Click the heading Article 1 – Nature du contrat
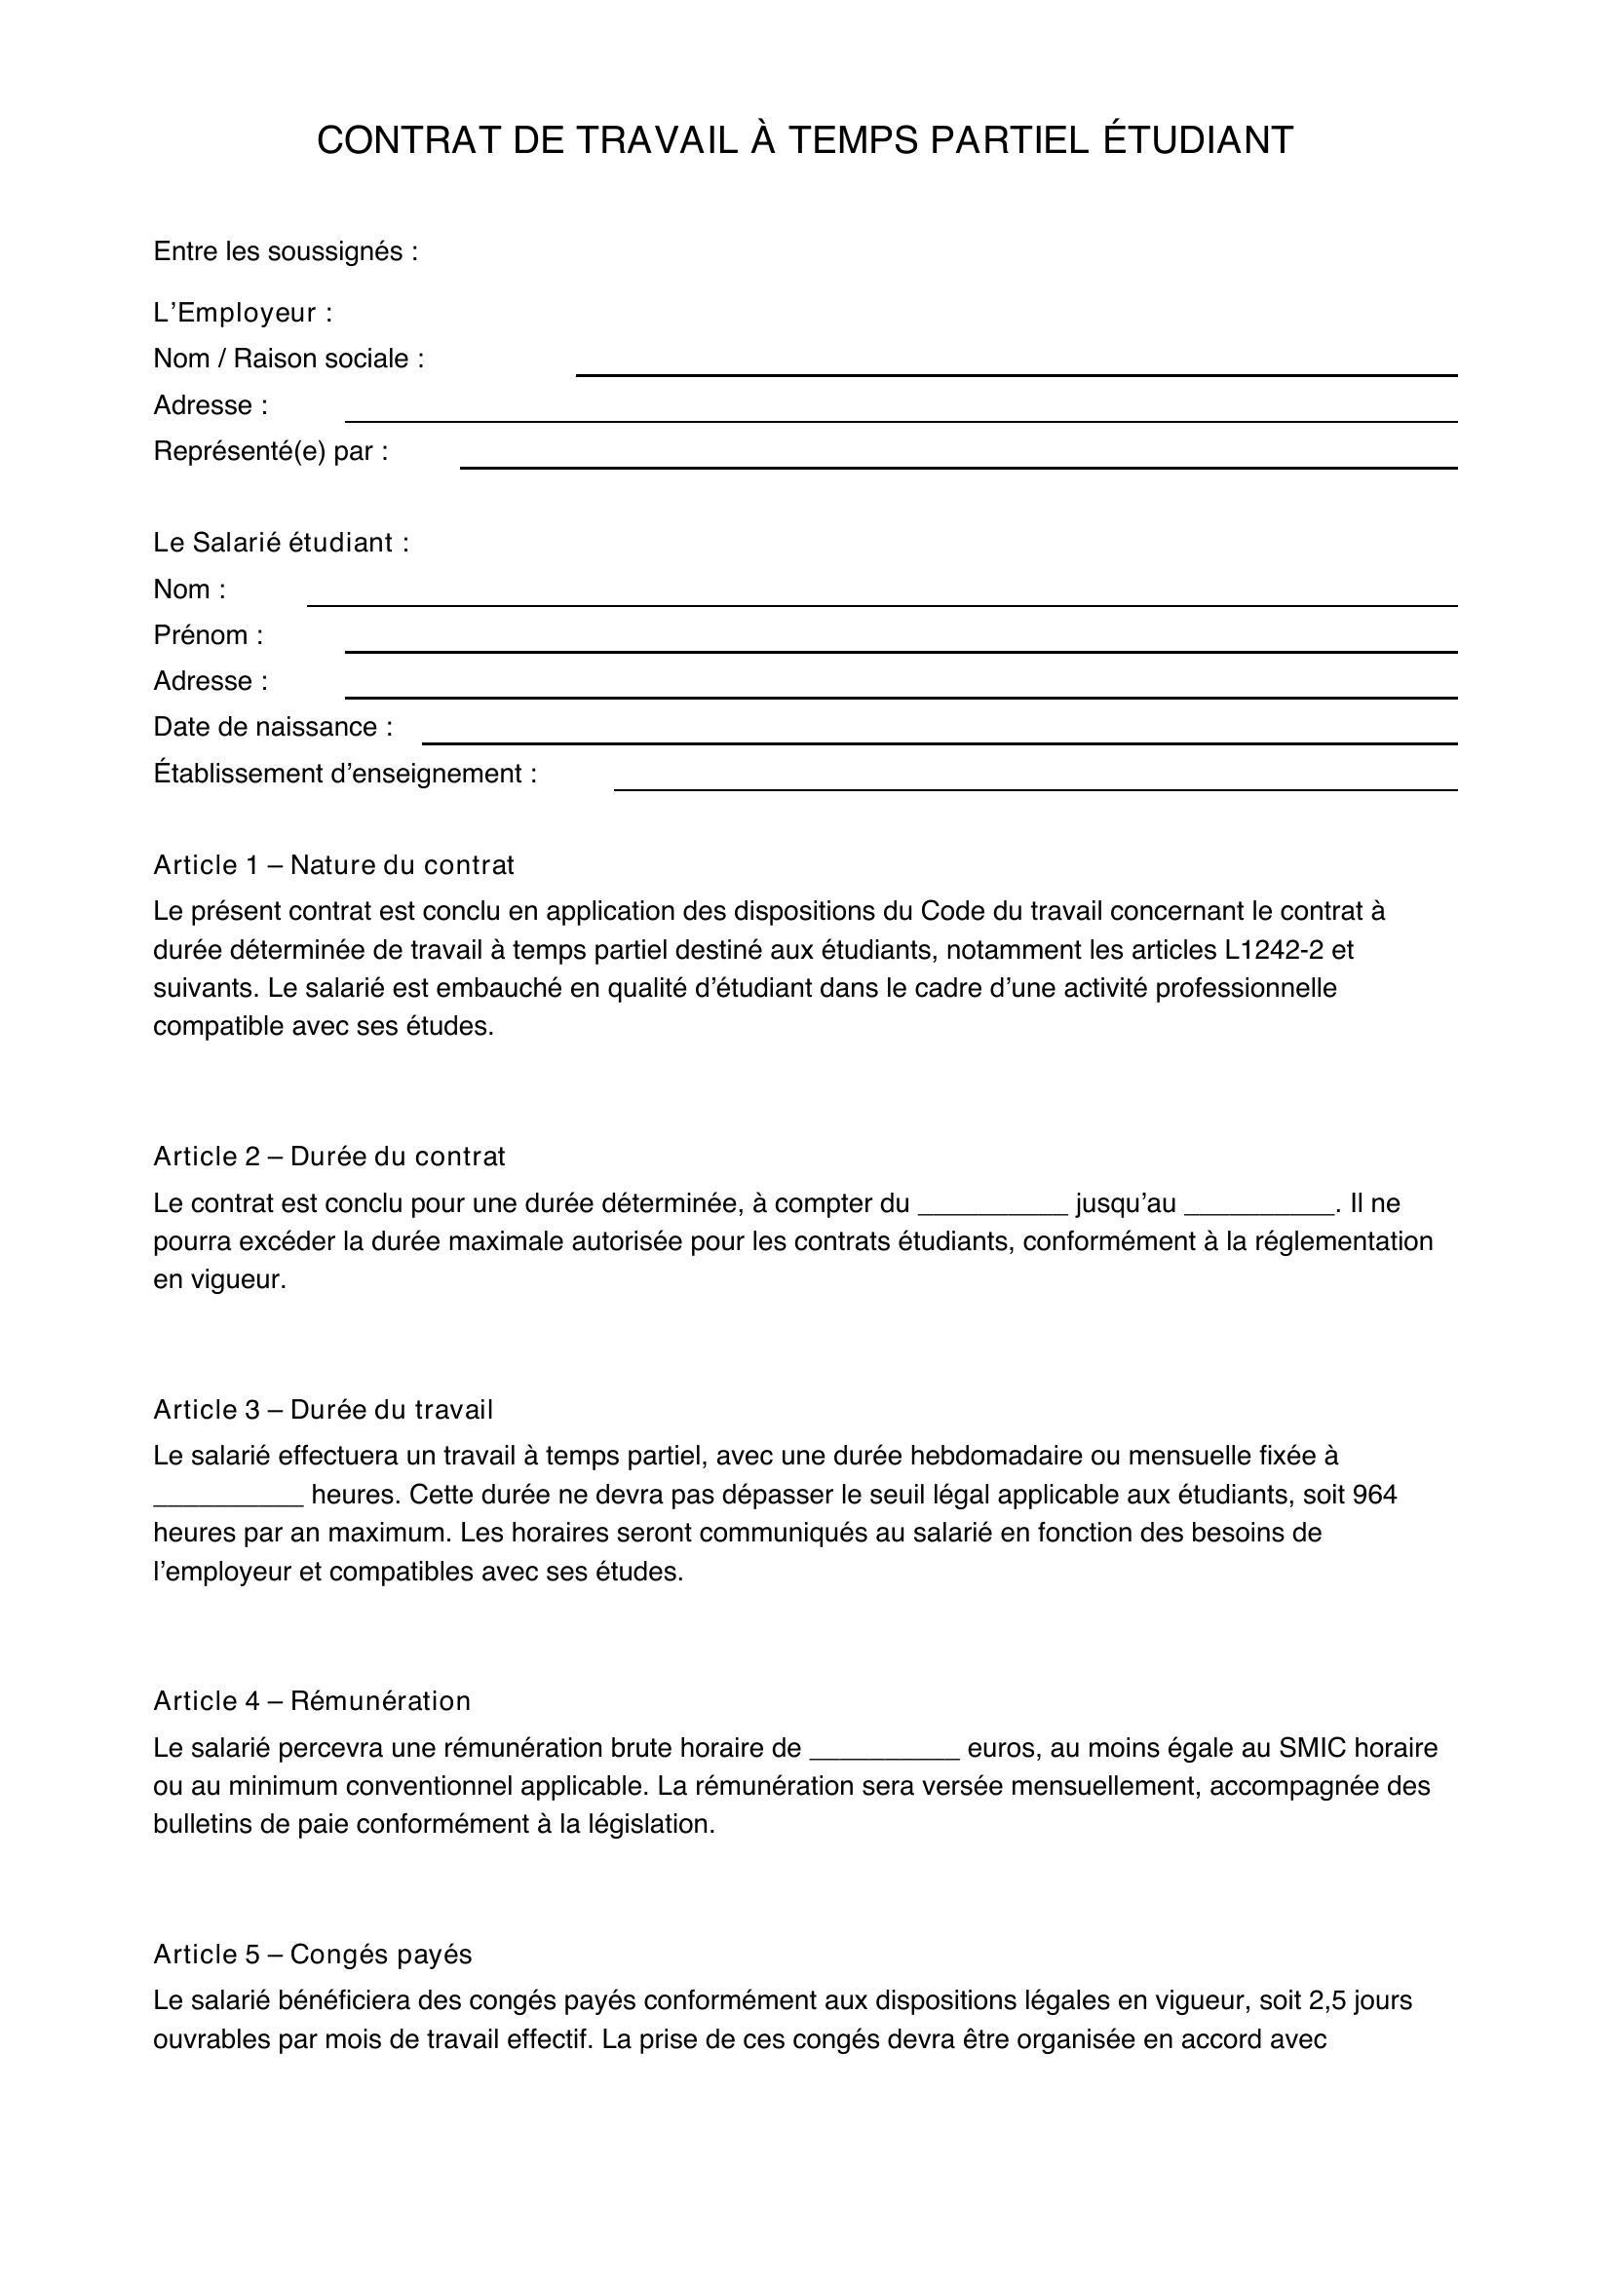pos(333,864)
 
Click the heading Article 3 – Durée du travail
pos(323,1410)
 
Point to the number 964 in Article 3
pos(1374,1494)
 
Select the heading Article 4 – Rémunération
pos(312,1701)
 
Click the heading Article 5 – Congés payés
pos(313,1955)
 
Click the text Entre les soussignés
pos(285,252)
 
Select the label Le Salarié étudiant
pos(281,543)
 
